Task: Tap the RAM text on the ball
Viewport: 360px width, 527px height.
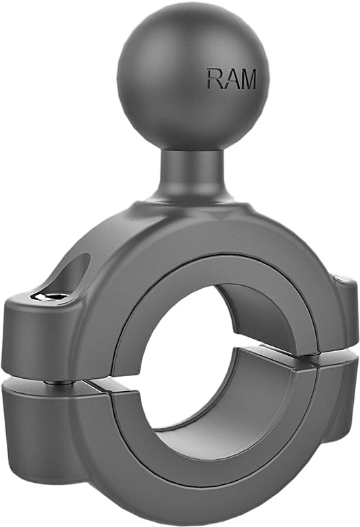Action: (232, 79)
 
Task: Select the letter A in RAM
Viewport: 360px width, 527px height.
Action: (230, 79)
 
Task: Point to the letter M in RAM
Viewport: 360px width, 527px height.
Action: (247, 79)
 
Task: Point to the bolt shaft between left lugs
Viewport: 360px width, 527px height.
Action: (60, 382)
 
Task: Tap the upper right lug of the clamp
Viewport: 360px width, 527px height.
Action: (343, 312)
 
